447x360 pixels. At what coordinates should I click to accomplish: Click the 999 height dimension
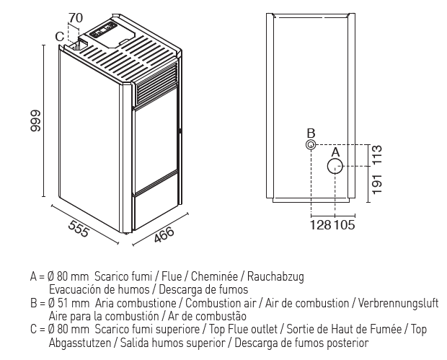click(35, 121)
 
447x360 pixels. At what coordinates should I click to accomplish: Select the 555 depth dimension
click(79, 229)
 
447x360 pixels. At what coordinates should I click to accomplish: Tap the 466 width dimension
click(164, 234)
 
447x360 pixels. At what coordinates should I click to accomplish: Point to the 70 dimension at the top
click(76, 18)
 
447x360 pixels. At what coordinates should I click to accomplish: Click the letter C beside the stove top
click(60, 37)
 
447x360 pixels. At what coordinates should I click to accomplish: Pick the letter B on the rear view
click(311, 133)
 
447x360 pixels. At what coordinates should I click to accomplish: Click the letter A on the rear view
click(335, 152)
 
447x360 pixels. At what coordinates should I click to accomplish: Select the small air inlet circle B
click(311, 144)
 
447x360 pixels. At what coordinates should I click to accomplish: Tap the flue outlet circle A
click(335, 166)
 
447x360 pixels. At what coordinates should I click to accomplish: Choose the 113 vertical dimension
click(377, 154)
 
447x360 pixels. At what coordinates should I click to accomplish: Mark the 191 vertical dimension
click(377, 184)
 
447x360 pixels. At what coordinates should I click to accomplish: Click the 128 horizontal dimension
click(320, 225)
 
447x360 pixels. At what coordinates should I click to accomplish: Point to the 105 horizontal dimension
click(345, 225)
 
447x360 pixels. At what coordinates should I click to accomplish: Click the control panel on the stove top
click(103, 30)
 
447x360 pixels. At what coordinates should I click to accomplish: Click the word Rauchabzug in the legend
click(275, 276)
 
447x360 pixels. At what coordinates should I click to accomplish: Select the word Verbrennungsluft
click(398, 303)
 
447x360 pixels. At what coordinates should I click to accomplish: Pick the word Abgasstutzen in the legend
click(80, 343)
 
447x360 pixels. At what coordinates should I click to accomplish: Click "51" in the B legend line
click(63, 303)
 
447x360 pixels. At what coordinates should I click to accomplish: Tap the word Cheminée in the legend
click(214, 276)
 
